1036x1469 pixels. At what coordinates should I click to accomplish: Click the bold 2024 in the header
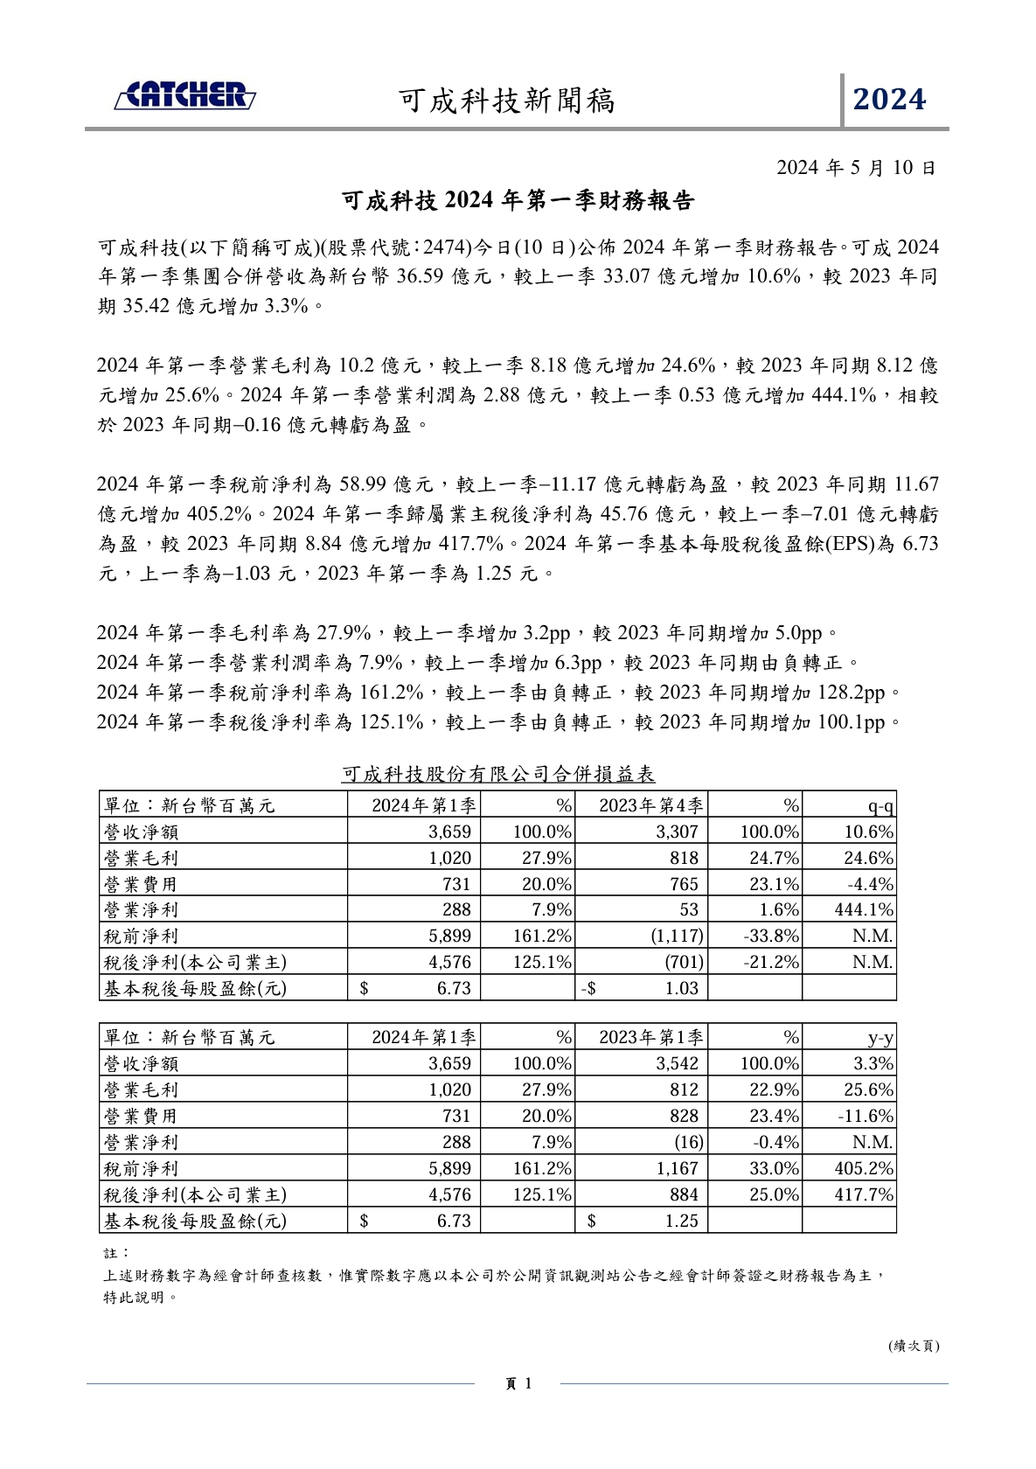point(889,100)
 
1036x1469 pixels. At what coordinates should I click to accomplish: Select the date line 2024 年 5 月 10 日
point(856,167)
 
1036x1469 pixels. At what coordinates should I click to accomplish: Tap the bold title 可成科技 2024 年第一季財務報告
point(518,201)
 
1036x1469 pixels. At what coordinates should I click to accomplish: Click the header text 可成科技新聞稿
point(507,101)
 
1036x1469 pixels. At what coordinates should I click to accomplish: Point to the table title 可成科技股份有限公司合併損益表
point(497,774)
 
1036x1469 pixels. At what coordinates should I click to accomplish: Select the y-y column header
point(880,1038)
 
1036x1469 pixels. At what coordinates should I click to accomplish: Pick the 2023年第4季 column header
point(650,805)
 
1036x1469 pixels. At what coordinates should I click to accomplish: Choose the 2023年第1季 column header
point(650,1038)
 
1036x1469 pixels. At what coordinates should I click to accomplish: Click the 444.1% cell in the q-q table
point(864,910)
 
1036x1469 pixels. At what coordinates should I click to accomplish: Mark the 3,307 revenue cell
point(677,832)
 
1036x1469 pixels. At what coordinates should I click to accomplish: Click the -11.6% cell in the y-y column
point(866,1117)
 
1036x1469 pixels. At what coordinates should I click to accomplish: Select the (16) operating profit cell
point(688,1143)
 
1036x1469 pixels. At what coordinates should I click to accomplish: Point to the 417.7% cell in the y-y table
point(864,1195)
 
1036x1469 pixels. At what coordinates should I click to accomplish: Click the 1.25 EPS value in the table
point(681,1222)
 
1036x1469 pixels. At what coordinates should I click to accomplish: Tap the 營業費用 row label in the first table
point(141,884)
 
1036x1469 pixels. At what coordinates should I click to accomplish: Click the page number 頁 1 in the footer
point(518,1383)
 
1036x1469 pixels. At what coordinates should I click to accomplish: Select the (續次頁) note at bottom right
point(914,1346)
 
